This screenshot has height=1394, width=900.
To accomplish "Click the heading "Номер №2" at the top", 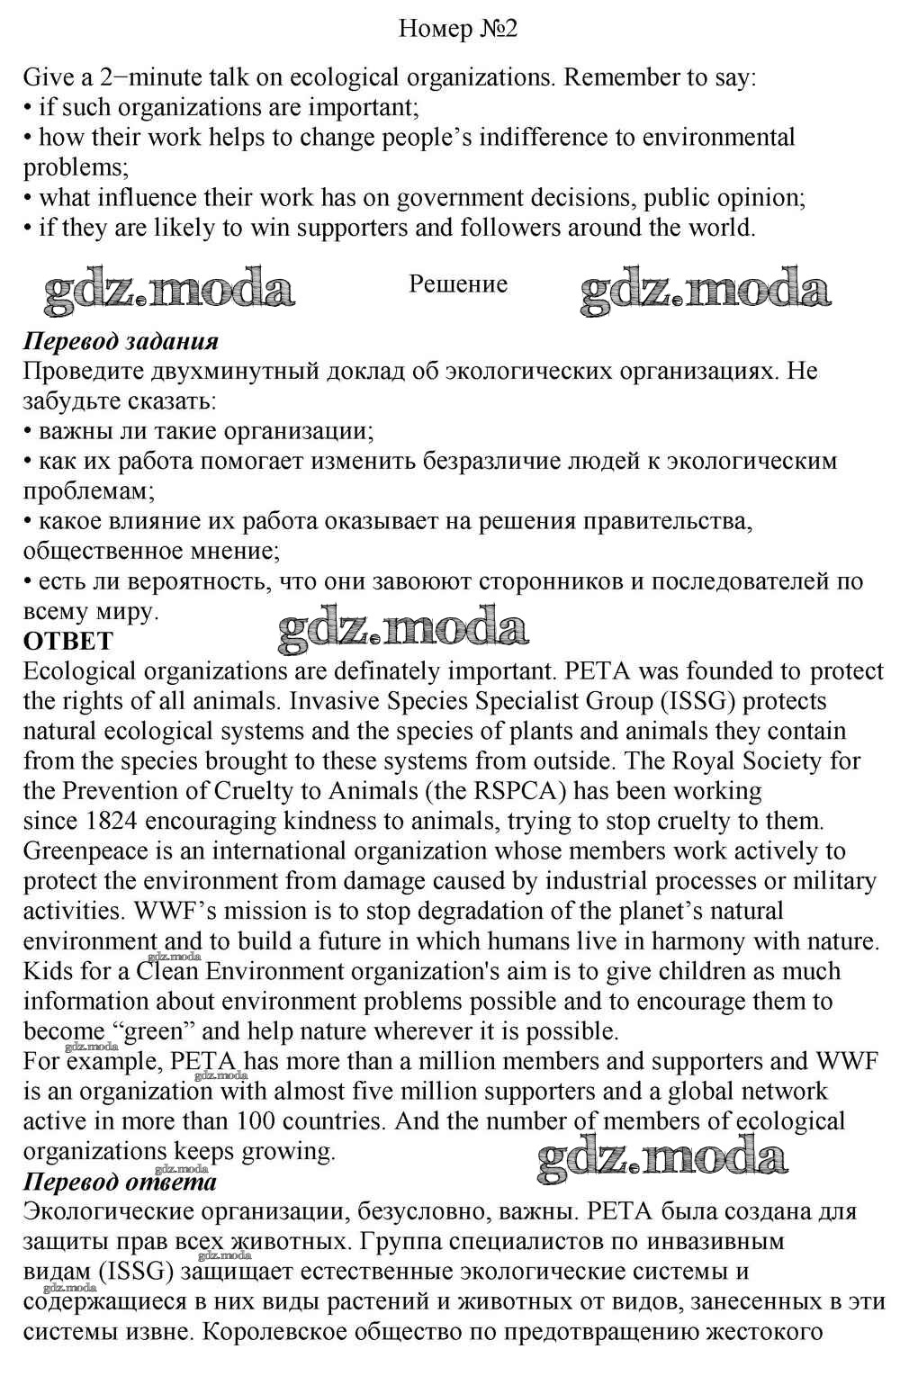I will pos(458,29).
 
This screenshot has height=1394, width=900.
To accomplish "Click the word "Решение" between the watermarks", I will pos(458,283).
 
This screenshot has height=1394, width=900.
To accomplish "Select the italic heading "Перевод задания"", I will pos(121,341).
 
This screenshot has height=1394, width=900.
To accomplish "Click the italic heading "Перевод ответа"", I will pos(120,1181).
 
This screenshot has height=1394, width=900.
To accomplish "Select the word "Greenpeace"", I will pos(94,851).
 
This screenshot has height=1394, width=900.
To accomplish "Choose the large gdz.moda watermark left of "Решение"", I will pos(169,290).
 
